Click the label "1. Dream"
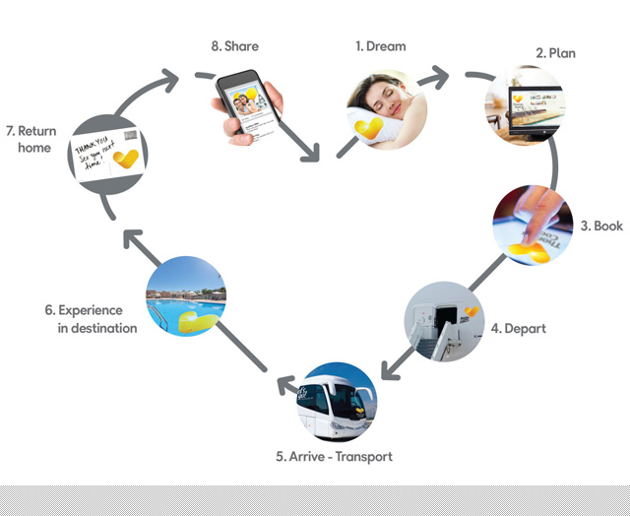tap(380, 46)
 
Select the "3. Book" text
tap(600, 226)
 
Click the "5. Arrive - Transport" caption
tap(334, 457)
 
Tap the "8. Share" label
tap(235, 46)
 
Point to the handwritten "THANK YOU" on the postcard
tap(94, 144)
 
